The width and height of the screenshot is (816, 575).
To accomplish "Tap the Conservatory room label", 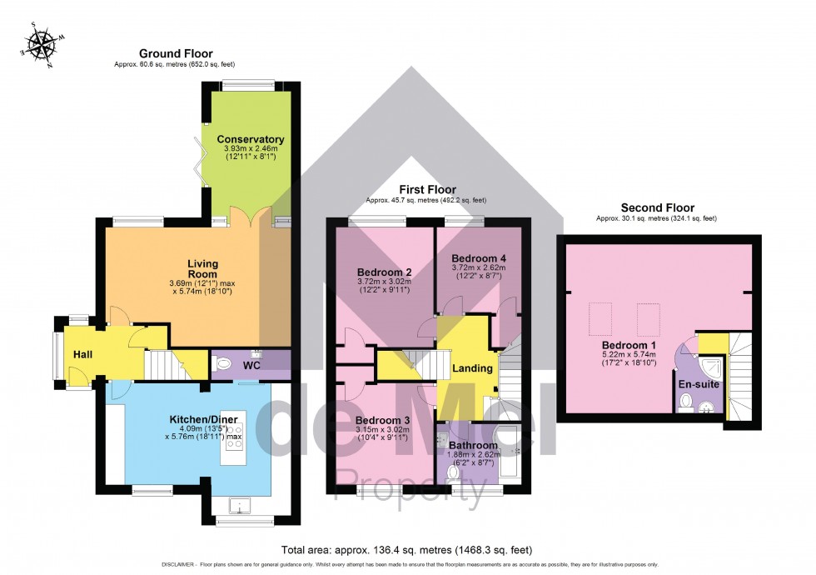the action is tap(251, 139).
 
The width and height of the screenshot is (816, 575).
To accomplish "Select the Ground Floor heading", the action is tap(176, 53).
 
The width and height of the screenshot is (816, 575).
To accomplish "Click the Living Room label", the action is tap(203, 268).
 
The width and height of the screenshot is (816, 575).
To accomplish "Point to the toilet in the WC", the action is tap(222, 362).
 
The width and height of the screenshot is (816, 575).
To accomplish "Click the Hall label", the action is tap(82, 355).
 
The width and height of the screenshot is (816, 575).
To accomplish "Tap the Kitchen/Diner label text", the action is tap(203, 419).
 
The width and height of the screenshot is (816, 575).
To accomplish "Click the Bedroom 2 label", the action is tap(385, 272).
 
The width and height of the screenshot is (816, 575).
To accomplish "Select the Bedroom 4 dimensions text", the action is tap(479, 272).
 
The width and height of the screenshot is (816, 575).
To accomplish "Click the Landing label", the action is tap(472, 368).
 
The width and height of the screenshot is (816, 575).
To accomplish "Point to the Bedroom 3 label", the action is tap(382, 420).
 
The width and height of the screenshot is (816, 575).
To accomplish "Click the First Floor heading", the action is tap(427, 190).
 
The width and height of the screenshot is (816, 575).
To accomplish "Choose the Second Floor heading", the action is tap(658, 207).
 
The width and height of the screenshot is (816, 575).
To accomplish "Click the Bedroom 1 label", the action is tap(629, 345).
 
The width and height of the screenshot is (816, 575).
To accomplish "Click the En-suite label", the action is tap(699, 384).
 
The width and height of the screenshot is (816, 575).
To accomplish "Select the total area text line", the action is tap(407, 549).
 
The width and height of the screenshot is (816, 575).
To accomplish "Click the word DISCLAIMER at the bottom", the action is tap(178, 565).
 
